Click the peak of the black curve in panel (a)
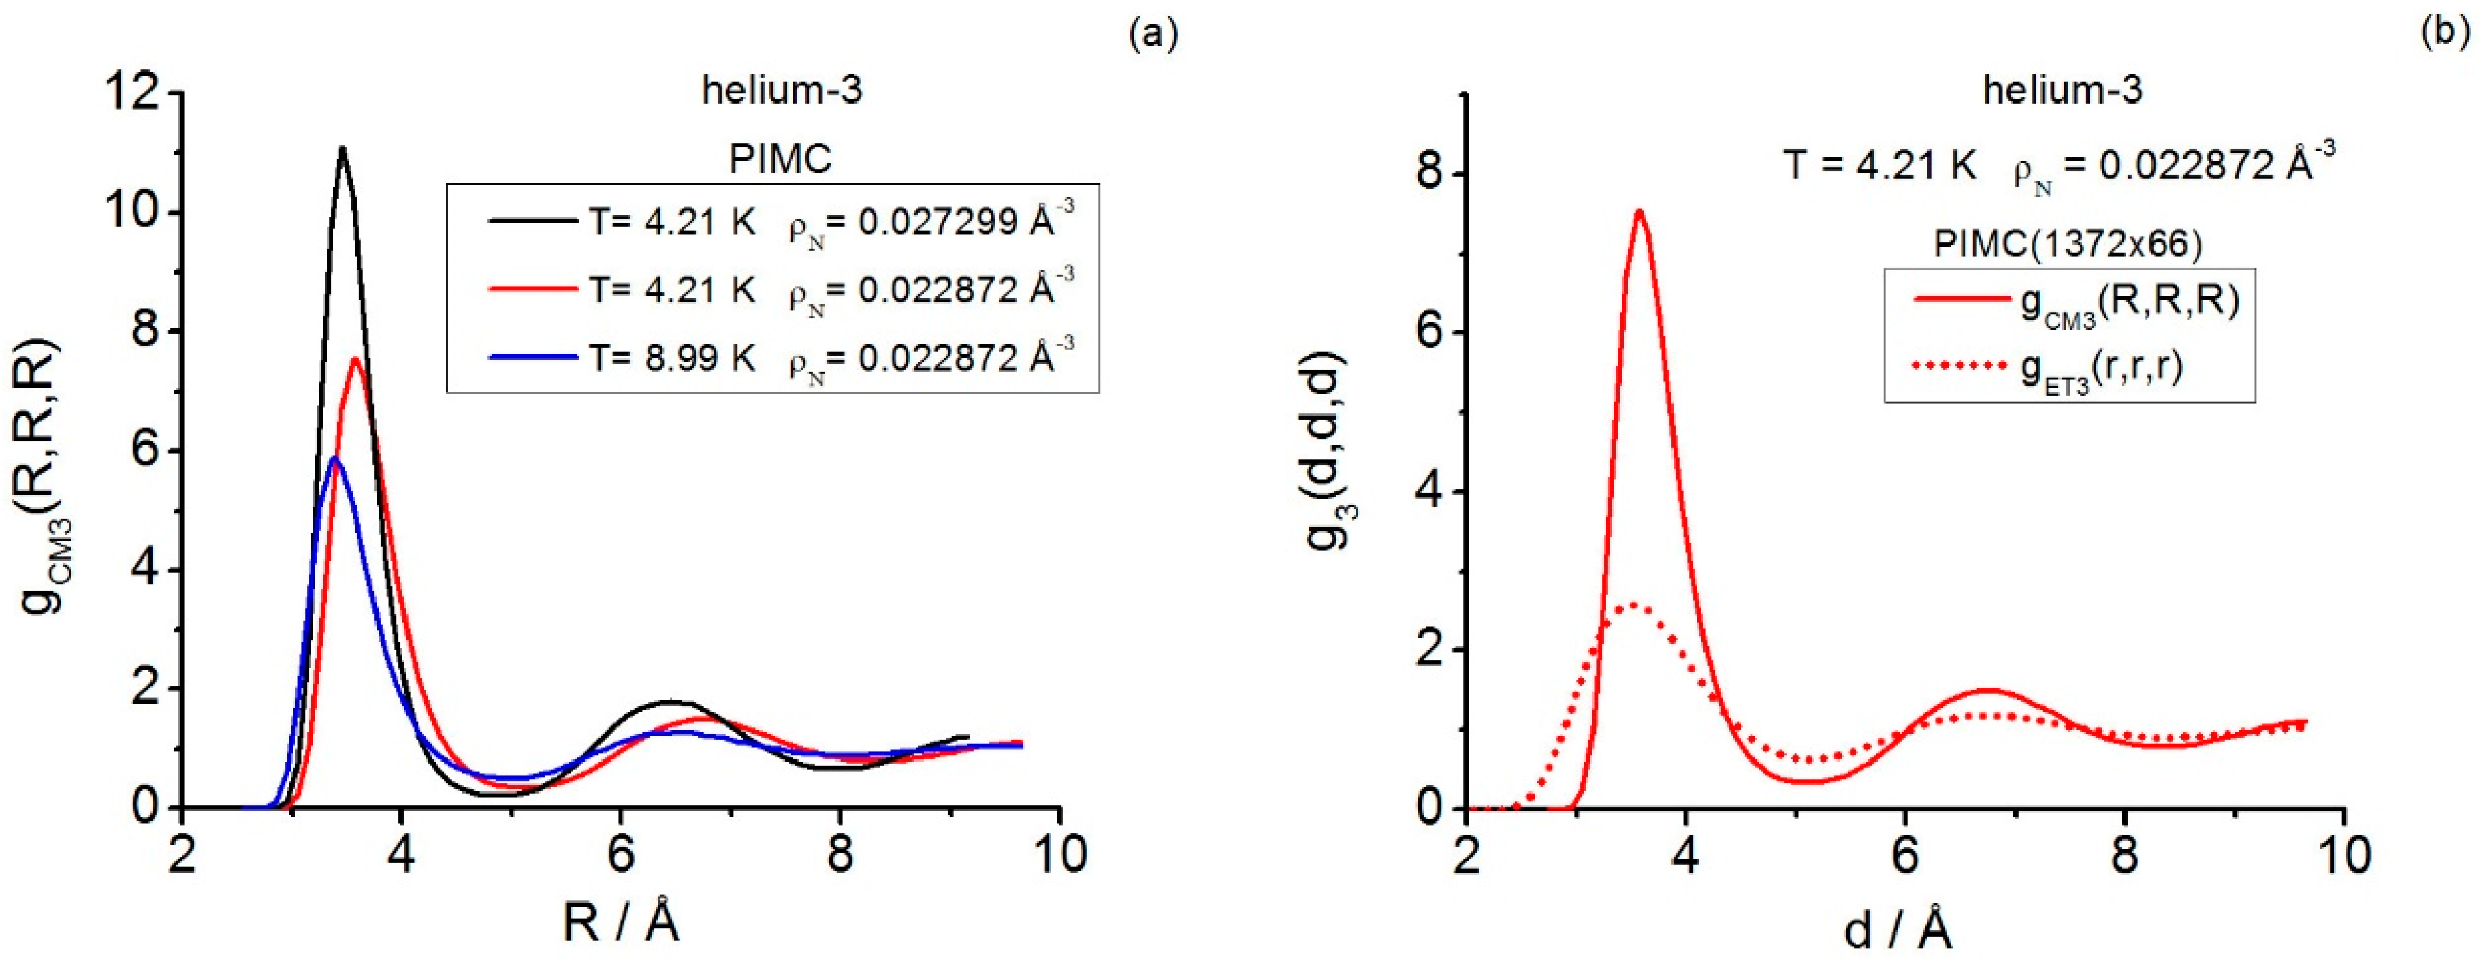click(x=342, y=148)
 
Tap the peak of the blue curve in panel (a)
click(x=334, y=458)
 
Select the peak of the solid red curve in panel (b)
click(x=1638, y=212)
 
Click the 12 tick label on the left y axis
click(x=133, y=95)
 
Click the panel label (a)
click(x=1153, y=33)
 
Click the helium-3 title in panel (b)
click(x=2062, y=90)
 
